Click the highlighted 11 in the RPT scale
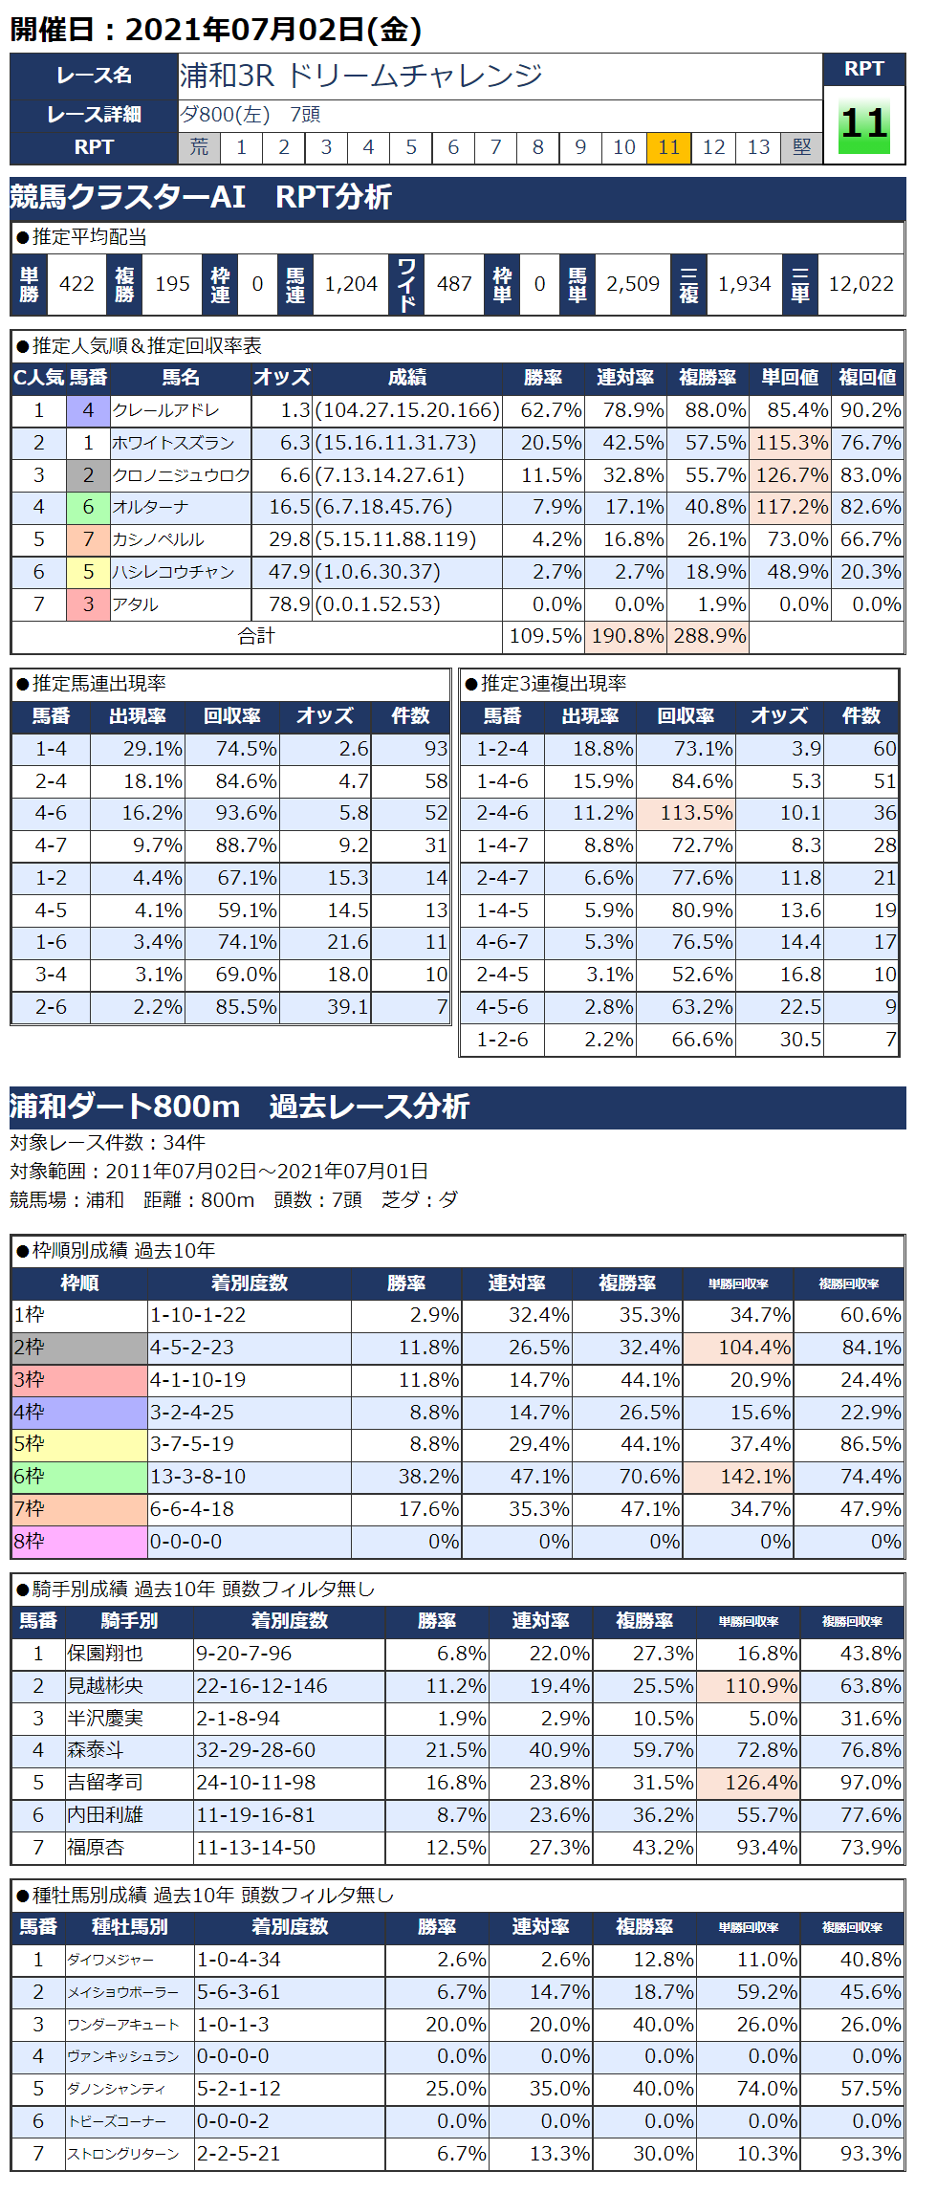(x=668, y=147)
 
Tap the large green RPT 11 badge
(x=864, y=125)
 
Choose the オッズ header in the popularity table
(x=281, y=378)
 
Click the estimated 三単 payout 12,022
(x=861, y=284)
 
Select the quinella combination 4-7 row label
(x=51, y=845)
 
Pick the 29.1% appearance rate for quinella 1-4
(x=152, y=749)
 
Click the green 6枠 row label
(x=79, y=1477)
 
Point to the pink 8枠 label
(x=79, y=1542)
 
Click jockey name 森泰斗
(x=96, y=1750)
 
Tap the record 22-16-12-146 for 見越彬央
(x=262, y=1686)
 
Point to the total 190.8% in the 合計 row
(x=627, y=636)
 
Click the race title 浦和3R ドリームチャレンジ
(x=361, y=76)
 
